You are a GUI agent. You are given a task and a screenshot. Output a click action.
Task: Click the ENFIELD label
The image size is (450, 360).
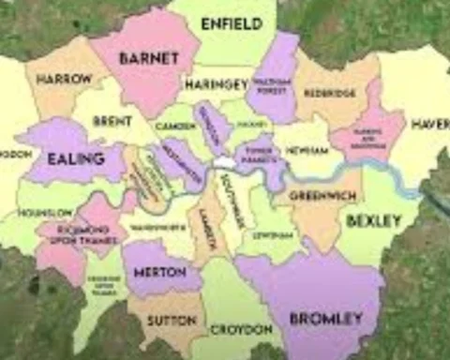tap(231, 22)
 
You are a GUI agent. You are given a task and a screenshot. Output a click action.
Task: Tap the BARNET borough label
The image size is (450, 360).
tap(148, 58)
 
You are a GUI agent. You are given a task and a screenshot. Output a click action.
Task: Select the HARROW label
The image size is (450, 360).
tap(64, 80)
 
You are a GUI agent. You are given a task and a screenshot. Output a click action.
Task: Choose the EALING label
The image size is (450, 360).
tap(74, 158)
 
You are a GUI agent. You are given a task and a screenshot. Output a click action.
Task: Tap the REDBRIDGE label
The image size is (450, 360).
tap(328, 94)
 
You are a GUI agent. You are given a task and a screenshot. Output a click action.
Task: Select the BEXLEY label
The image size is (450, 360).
tap(373, 220)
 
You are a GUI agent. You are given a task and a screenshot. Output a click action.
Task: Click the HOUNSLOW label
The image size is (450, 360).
tap(43, 214)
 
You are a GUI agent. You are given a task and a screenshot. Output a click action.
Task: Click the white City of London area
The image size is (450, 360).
tap(224, 163)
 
